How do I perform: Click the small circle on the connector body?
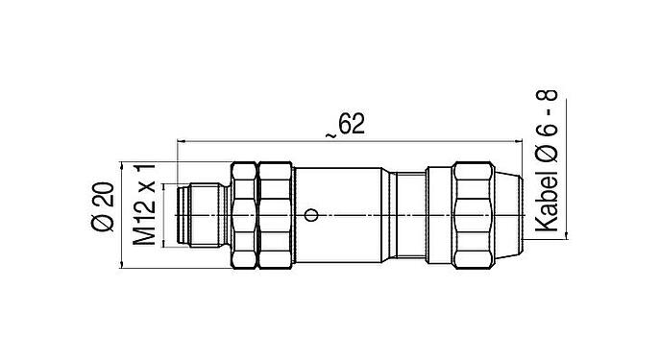coord(309,213)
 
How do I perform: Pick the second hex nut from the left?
coord(275,213)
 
